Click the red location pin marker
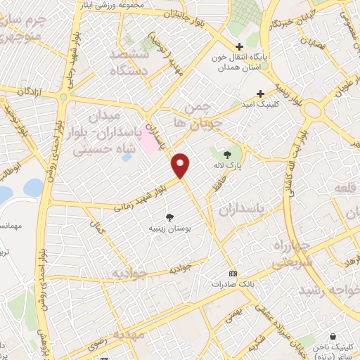(181, 165)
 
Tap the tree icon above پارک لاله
(227, 154)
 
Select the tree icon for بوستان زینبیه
(169, 217)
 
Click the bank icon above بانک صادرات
(233, 274)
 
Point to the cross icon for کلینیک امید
(260, 93)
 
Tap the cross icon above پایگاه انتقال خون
(239, 46)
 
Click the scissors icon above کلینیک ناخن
(333, 337)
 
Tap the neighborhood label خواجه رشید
(328, 290)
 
